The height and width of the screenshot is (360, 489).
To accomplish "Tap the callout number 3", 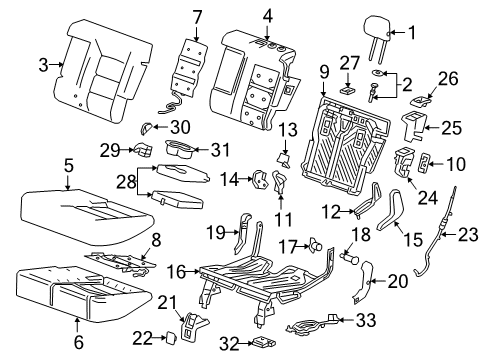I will pos(42,67).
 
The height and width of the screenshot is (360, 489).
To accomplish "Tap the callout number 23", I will pos(466,236).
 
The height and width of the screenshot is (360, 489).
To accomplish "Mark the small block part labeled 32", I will pos(263,342).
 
